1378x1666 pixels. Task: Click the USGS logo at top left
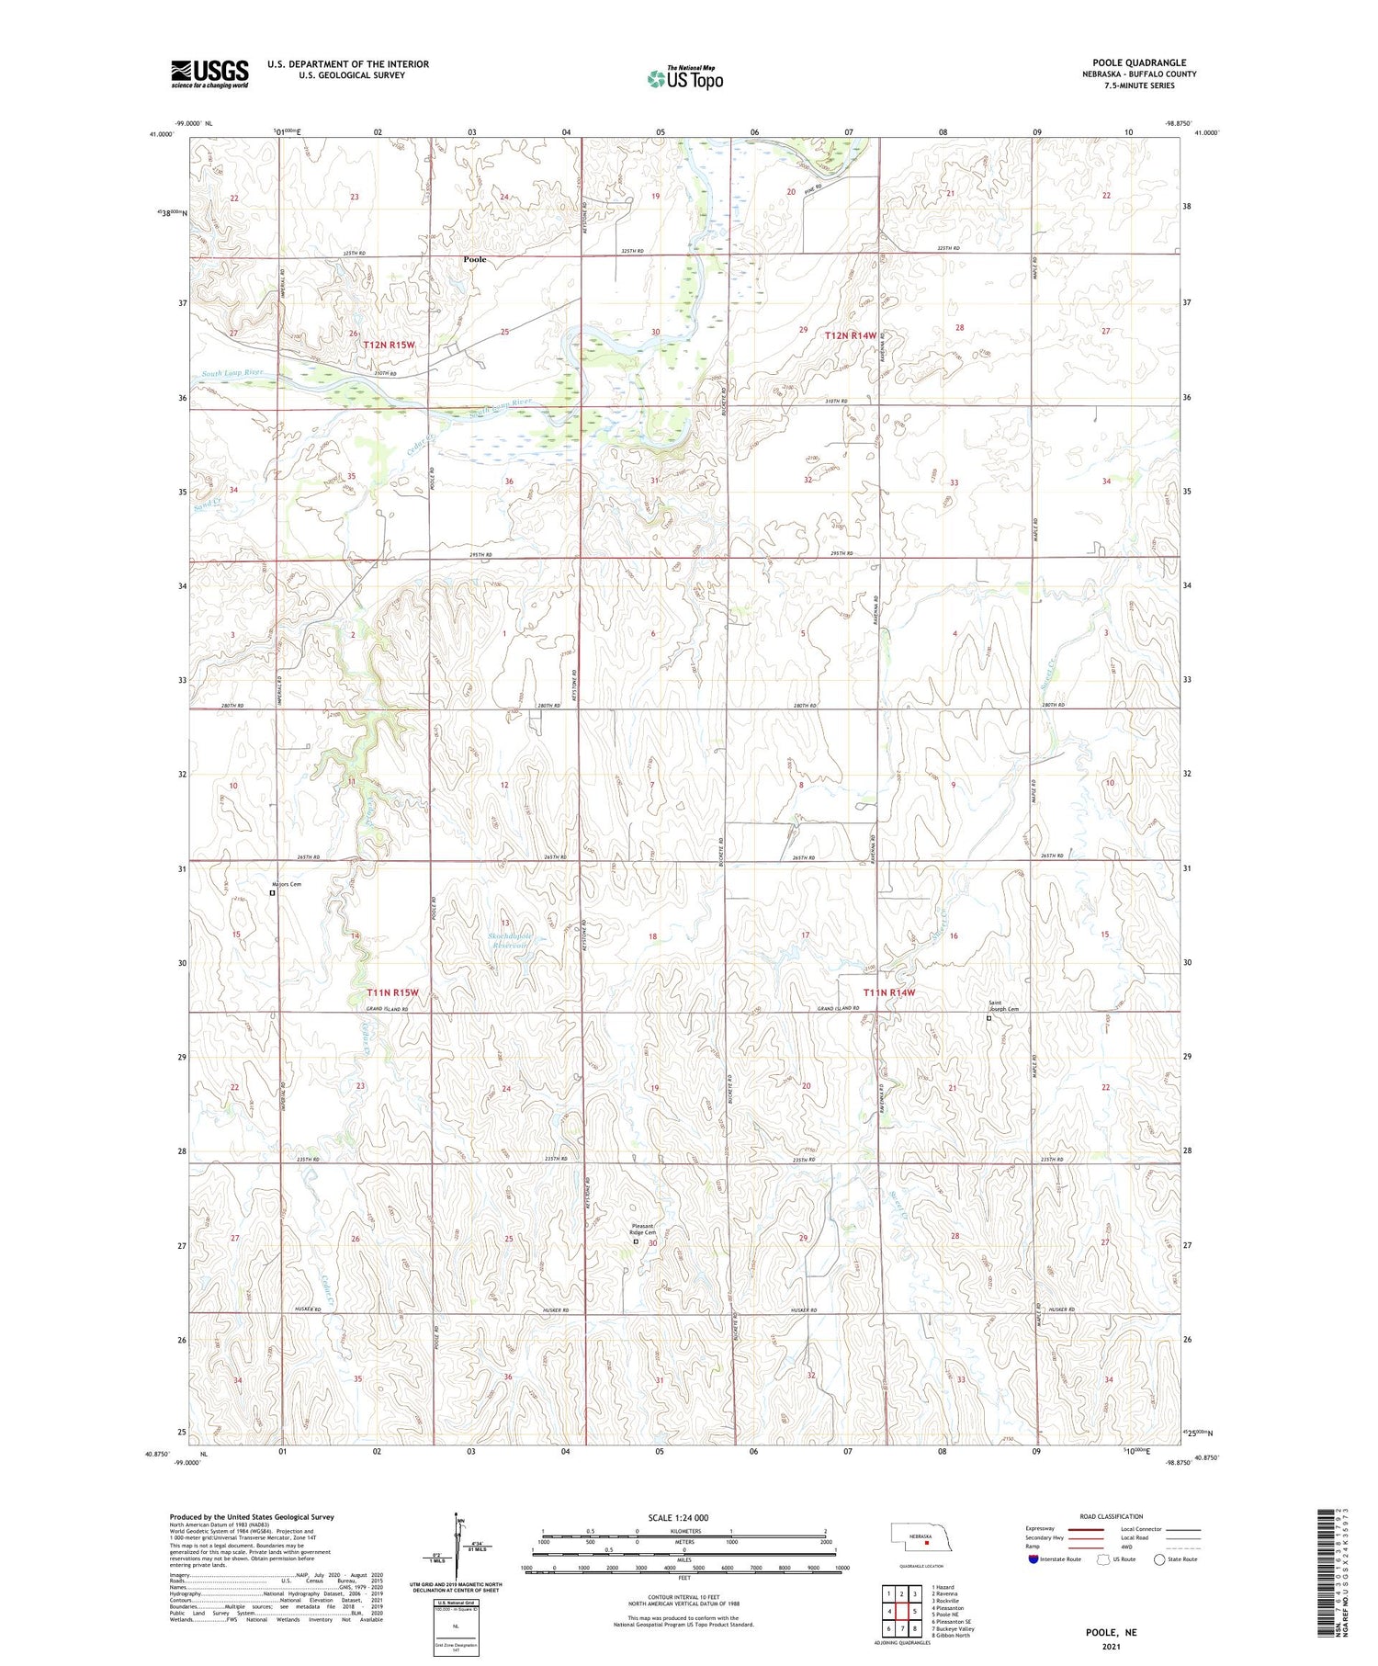coord(209,74)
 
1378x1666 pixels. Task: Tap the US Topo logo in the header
coord(685,79)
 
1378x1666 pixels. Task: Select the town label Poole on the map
coord(475,260)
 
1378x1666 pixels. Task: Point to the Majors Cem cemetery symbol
coord(272,892)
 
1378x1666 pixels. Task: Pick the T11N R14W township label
coord(888,992)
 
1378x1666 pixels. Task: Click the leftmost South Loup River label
coord(232,373)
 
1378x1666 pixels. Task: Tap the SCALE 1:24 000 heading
coord(678,1517)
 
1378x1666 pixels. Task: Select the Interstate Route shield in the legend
coord(1033,1558)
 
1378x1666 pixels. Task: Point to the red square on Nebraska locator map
coord(927,1543)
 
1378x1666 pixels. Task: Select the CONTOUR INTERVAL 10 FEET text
coord(683,1598)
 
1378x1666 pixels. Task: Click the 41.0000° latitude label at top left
coord(160,135)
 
